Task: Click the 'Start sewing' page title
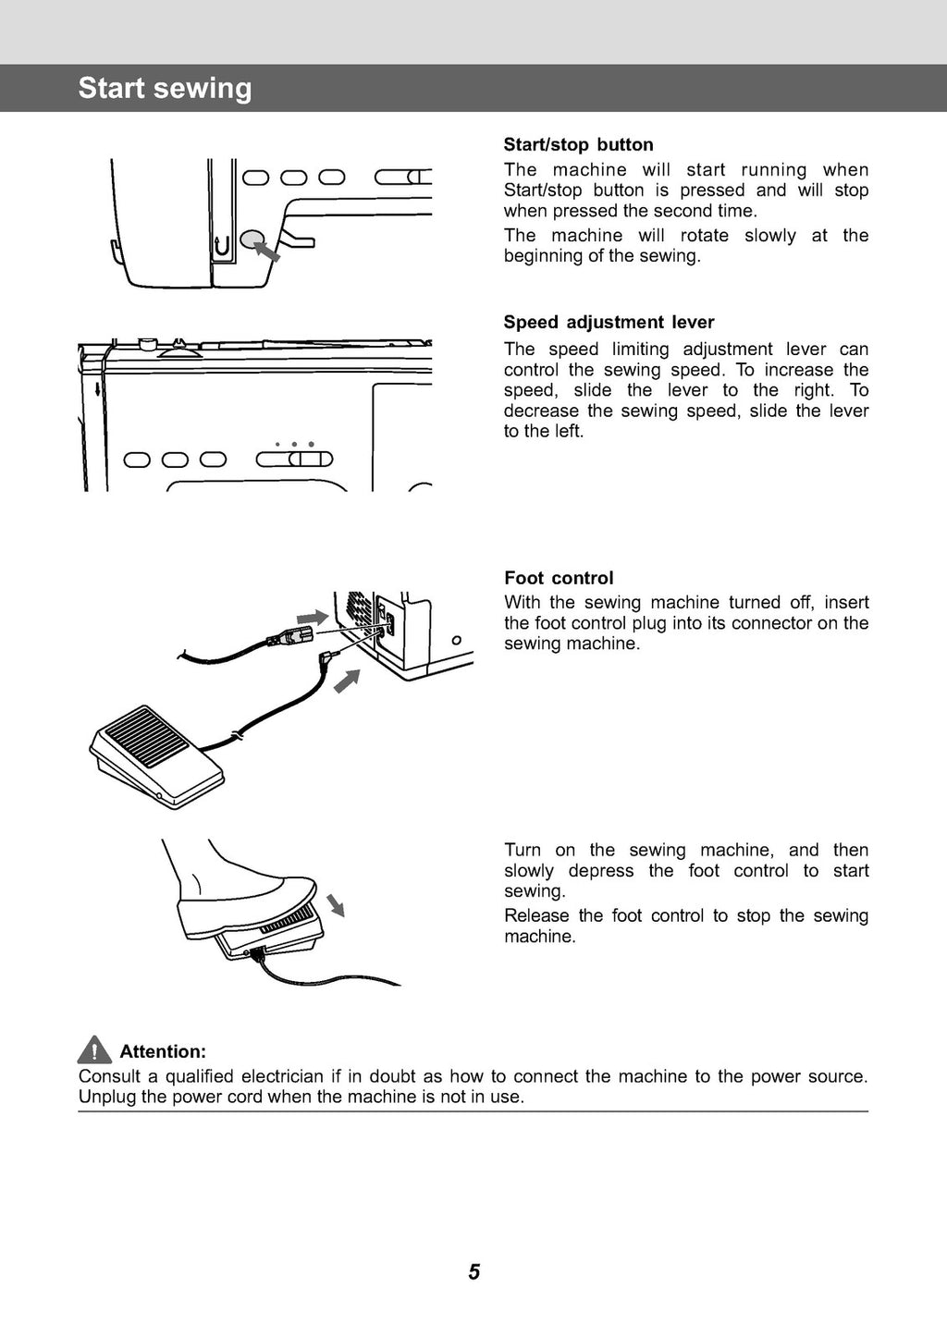coord(165,88)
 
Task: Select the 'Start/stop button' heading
coord(578,144)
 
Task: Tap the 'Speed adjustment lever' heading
coord(609,322)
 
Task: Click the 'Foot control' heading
coord(559,578)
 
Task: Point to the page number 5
coord(473,1272)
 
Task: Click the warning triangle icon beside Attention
coord(94,1050)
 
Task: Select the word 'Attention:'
coord(163,1051)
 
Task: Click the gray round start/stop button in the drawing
coord(252,240)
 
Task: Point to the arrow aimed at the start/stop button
coord(267,251)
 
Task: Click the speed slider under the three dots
coord(294,460)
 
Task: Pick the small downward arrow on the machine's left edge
coord(97,386)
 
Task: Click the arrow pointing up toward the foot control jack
coord(346,681)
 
